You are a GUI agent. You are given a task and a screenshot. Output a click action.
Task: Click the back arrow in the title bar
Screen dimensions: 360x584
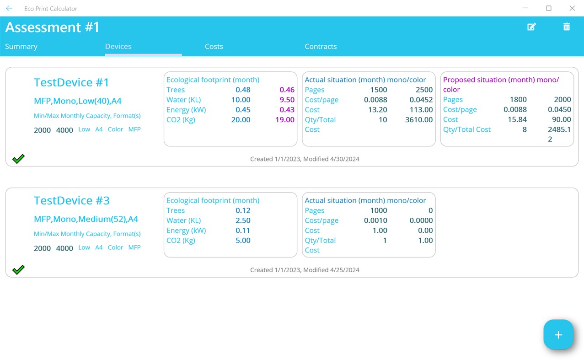(9, 8)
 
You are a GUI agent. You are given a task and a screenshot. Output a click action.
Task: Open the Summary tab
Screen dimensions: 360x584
(21, 47)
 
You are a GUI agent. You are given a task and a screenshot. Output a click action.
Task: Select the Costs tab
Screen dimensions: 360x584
(214, 47)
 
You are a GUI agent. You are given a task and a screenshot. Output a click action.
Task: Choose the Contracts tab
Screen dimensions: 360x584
(321, 47)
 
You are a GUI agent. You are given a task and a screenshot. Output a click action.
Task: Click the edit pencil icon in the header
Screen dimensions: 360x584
(531, 27)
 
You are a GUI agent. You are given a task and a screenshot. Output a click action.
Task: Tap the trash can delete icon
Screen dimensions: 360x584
(567, 27)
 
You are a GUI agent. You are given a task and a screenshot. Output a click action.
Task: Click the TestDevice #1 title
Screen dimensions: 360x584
(72, 82)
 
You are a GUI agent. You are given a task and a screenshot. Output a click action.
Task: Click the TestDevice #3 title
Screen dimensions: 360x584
(72, 200)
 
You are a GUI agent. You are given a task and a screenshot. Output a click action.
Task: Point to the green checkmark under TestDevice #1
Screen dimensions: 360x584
(18, 159)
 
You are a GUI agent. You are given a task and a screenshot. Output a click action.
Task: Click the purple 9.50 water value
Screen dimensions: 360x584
(287, 100)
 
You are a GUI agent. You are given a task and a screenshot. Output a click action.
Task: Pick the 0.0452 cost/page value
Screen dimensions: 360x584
(421, 100)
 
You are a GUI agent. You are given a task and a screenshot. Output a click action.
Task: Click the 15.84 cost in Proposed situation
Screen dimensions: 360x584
(517, 119)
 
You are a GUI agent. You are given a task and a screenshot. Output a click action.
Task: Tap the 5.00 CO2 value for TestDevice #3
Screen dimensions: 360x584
(243, 241)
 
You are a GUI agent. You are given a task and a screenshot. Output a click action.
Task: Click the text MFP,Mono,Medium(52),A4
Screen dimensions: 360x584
(86, 219)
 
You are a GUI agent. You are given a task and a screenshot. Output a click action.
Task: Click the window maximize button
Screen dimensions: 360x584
(549, 8)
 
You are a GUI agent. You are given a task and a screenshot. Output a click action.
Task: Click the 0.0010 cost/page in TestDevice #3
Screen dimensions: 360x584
(375, 220)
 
